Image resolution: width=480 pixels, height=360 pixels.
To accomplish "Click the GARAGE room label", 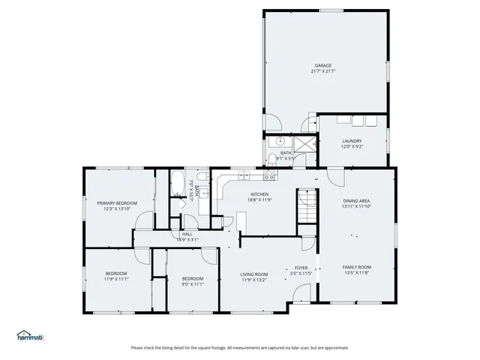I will (323, 65).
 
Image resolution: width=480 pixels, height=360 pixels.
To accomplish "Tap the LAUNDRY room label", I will (352, 141).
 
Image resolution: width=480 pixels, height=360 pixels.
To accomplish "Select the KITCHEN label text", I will (259, 194).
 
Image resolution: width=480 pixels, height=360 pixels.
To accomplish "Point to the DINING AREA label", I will (356, 201).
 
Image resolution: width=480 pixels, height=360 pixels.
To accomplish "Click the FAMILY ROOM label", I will (356, 268).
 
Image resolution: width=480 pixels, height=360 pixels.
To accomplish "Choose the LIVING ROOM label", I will (253, 274).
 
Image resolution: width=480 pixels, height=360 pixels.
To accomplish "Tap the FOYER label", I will (301, 268).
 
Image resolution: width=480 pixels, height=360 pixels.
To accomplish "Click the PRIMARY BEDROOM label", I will (116, 203).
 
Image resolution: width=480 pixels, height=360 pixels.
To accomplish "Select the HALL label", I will (187, 235).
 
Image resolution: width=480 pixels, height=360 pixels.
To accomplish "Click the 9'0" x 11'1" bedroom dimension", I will (192, 284).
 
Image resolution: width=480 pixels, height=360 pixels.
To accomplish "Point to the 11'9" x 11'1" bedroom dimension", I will (116, 279).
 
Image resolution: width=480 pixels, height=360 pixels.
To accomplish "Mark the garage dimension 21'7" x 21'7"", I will (323, 71).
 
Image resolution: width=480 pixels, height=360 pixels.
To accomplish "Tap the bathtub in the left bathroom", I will (179, 181).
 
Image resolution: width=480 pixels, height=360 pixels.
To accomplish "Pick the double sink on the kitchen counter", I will (244, 176).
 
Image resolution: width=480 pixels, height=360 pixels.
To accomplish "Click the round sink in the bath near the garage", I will (278, 140).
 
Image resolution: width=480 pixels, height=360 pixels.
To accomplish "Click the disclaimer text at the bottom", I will (240, 347).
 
